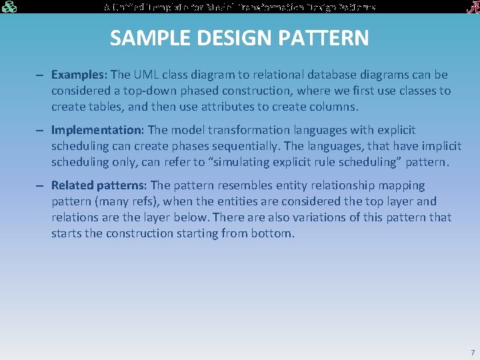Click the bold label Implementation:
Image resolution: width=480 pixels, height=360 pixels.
pos(98,130)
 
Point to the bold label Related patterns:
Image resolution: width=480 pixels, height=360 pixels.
pos(100,185)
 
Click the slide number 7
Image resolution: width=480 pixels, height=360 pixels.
pos(472,352)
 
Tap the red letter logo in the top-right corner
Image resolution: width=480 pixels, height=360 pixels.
pos(470,7)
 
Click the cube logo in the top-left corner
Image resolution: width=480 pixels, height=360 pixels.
pos(9,7)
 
